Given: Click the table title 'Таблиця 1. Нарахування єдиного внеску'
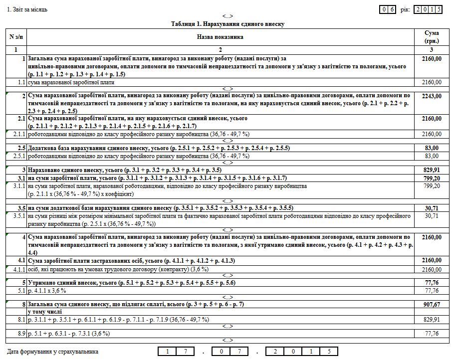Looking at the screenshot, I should (227, 24).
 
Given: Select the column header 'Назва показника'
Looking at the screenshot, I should (220, 37).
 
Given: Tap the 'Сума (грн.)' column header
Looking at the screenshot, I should (431, 37).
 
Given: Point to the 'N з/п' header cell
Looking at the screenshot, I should (15, 37).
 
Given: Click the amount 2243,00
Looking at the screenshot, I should (432, 96).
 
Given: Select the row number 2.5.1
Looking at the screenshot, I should (19, 156).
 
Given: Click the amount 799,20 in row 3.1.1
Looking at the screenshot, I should (432, 186).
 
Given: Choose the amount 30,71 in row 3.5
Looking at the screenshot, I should (432, 208).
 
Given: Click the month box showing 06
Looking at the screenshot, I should (388, 9).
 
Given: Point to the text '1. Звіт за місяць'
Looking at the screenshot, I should (27, 9).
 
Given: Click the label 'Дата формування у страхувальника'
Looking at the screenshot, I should (53, 352).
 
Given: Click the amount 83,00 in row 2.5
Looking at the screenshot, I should (432, 148).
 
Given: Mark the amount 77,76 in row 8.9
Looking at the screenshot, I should (432, 334).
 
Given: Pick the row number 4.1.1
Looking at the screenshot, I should (19, 270).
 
